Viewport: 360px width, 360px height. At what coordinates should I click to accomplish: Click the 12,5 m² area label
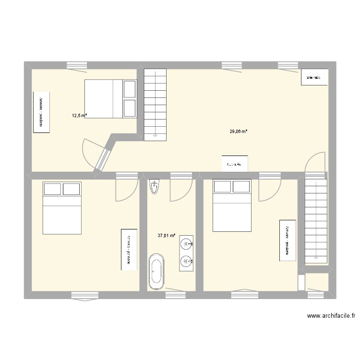pos(79,115)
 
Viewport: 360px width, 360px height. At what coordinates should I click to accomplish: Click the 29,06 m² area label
pos(239,131)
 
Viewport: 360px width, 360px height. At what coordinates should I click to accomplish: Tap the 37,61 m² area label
pos(166,236)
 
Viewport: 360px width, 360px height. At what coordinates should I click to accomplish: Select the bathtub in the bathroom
pos(156,272)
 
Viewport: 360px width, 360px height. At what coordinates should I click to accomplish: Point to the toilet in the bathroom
pos(154,186)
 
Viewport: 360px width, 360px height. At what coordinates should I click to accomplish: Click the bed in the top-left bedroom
pos(111,98)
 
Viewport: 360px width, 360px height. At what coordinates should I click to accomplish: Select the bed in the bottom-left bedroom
pos(61,208)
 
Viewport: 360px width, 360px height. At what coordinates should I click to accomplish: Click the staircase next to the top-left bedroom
pos(155,104)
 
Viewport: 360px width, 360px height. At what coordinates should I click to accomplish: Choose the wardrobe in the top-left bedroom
pos(41,112)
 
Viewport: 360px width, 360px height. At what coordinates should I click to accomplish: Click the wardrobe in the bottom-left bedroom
pos(129,249)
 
